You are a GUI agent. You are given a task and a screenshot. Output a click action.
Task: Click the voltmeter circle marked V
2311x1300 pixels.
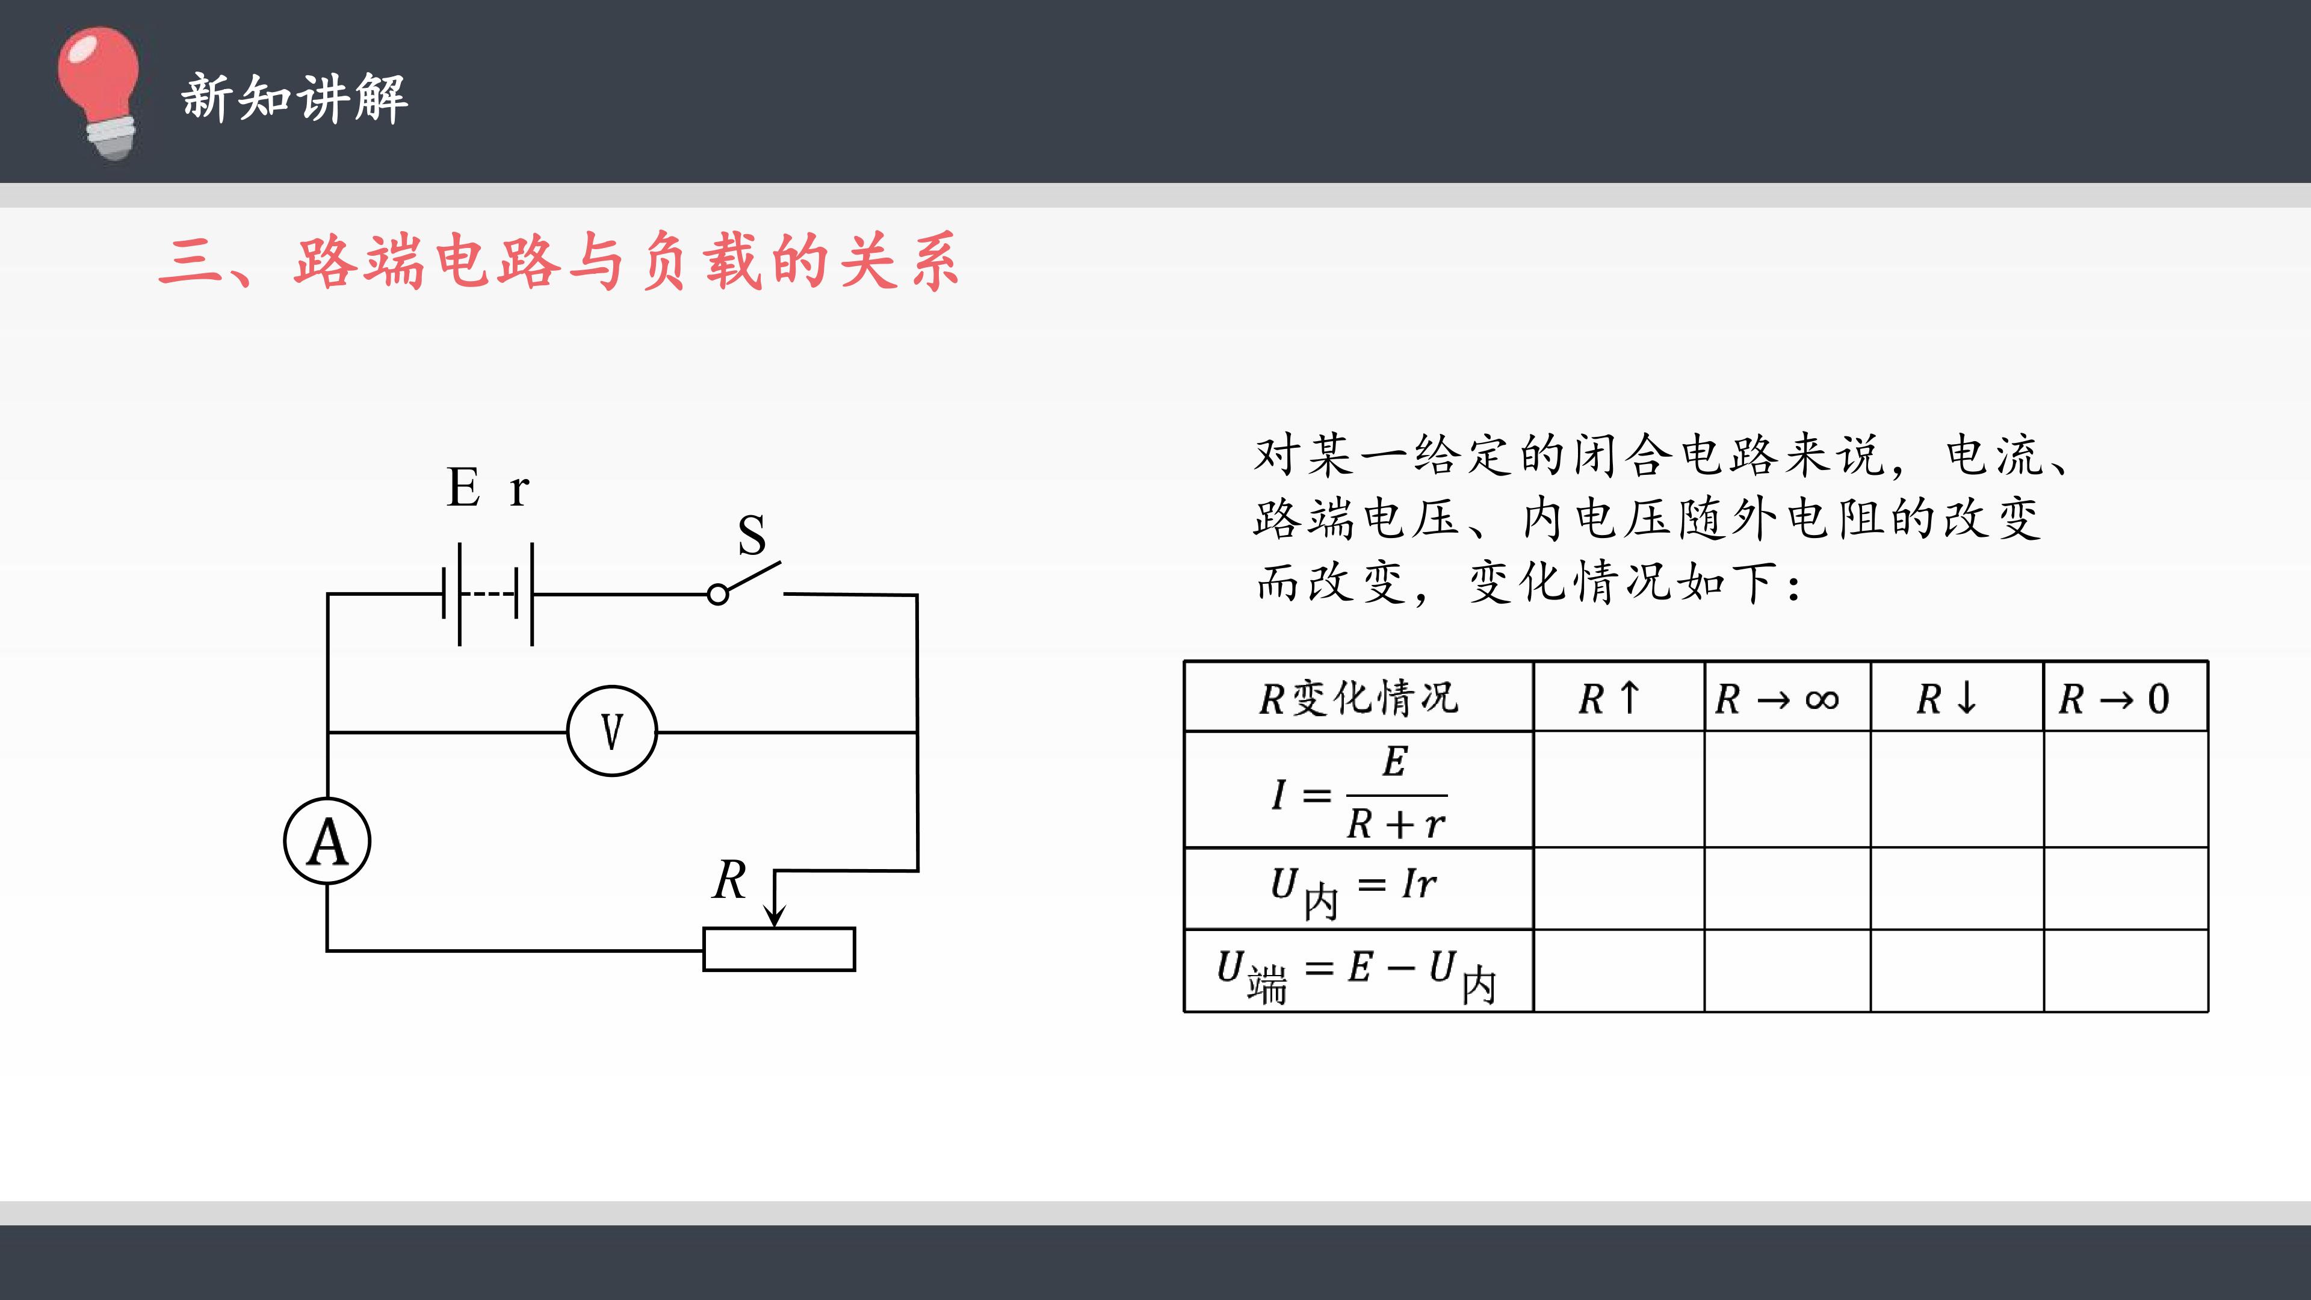(x=612, y=731)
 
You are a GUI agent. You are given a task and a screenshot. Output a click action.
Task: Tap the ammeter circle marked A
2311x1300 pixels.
(x=327, y=841)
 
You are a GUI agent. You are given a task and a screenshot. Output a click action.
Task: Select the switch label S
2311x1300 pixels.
(x=752, y=536)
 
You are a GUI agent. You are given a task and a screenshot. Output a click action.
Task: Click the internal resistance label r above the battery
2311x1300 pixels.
(x=519, y=491)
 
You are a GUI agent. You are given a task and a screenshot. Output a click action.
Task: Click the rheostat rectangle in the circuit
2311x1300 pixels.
(x=779, y=949)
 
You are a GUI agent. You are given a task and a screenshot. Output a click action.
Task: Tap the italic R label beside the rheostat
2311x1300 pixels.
(x=729, y=879)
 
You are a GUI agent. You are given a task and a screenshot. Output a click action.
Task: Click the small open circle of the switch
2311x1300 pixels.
(x=718, y=595)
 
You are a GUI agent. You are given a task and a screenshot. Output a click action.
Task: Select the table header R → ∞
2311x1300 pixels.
(x=1777, y=699)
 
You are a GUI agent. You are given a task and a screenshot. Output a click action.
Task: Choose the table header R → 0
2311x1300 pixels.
(x=2114, y=699)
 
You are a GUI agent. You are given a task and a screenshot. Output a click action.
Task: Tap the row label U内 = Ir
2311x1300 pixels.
(x=1353, y=891)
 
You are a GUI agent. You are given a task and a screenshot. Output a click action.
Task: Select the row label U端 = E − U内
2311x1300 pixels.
(x=1357, y=975)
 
